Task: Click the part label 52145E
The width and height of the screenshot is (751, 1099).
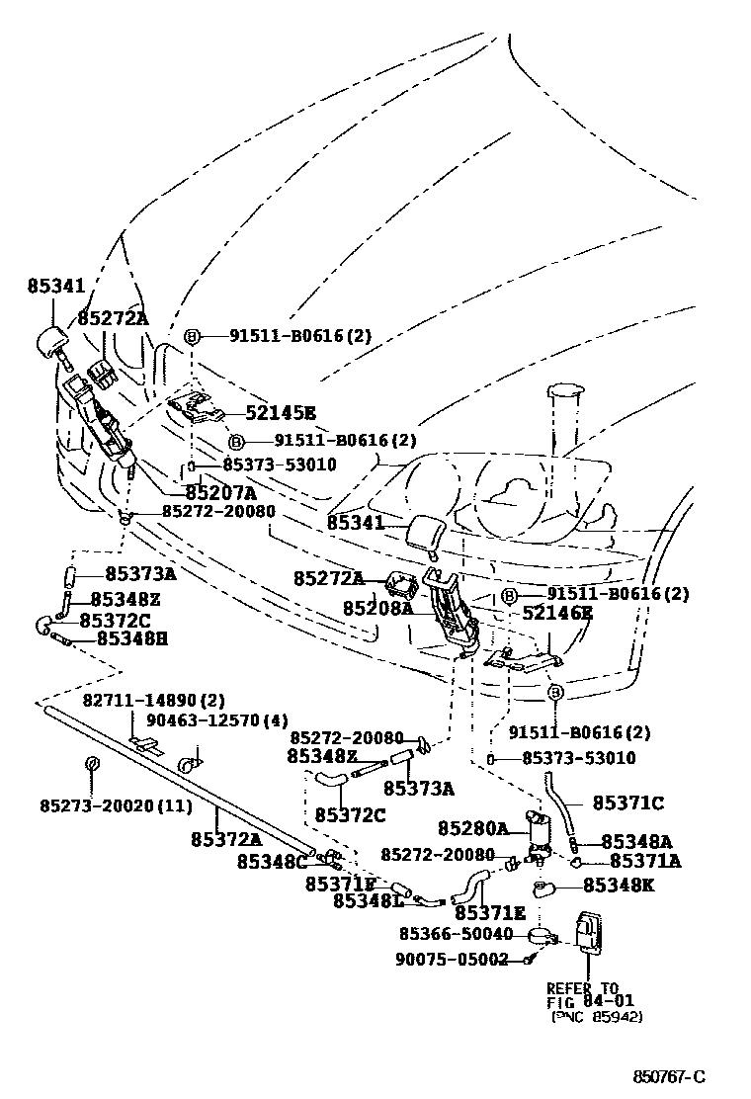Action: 281,413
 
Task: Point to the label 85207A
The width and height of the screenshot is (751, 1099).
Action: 220,492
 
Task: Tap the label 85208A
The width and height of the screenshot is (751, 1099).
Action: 377,608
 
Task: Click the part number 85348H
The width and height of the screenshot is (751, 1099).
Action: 131,639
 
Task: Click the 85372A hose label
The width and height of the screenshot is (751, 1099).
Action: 226,839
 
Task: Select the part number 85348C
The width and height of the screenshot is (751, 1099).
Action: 273,861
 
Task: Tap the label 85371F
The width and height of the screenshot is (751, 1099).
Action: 340,883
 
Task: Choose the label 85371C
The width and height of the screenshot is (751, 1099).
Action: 627,803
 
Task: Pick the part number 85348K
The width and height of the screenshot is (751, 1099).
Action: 618,885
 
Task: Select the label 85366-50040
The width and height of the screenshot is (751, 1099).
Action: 457,933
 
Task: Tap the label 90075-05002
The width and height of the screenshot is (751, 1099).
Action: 452,959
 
